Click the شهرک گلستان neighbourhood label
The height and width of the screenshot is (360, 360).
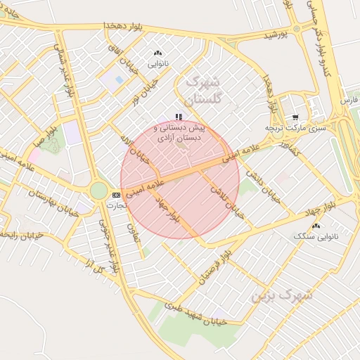pyautogui.click(x=205, y=89)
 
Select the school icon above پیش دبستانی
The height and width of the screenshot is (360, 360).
pyautogui.click(x=179, y=117)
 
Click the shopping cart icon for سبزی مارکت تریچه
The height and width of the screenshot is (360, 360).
pyautogui.click(x=295, y=117)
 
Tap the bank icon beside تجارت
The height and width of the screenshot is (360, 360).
pyautogui.click(x=116, y=195)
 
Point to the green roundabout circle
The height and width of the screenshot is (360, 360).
pyautogui.click(x=99, y=191)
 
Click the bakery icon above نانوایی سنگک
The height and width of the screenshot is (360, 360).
pyautogui.click(x=316, y=226)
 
